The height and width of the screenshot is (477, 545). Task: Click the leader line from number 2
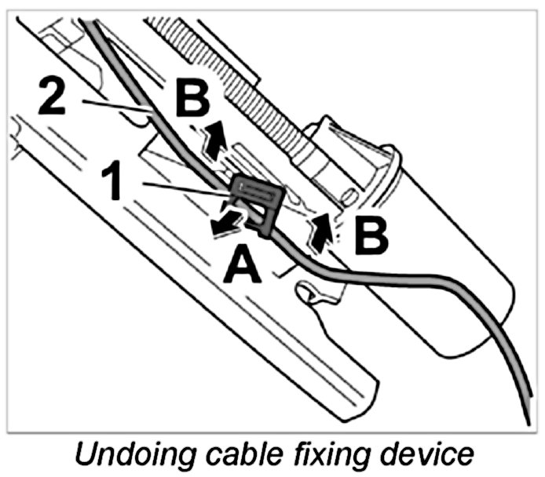click(118, 107)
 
